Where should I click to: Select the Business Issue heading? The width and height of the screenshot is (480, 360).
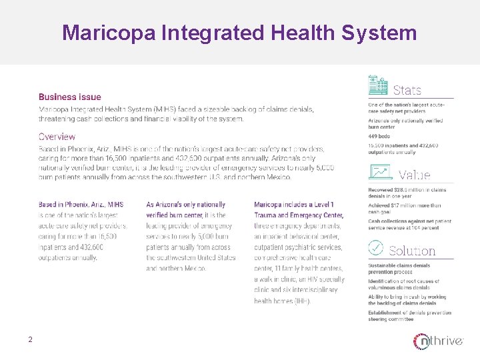point(70,97)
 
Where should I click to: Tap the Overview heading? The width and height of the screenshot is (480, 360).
point(57,137)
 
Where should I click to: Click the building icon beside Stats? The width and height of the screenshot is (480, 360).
point(378,85)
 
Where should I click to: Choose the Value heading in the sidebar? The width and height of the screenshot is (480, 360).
point(414,175)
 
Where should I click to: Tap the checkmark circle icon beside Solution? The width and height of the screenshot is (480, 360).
point(377,247)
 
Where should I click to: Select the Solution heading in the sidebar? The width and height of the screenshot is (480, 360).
point(411,251)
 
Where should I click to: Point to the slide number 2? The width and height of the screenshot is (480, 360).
point(30,340)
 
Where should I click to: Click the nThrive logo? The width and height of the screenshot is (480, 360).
point(437,341)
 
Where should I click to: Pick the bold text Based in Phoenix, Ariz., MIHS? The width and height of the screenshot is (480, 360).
point(80,205)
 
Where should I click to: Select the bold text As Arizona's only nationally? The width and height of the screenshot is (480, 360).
point(186,205)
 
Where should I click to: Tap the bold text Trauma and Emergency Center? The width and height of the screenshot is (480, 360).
point(299,215)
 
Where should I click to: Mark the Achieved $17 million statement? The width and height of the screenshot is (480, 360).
point(405,209)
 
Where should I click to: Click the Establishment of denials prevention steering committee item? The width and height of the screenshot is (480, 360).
point(409,315)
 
